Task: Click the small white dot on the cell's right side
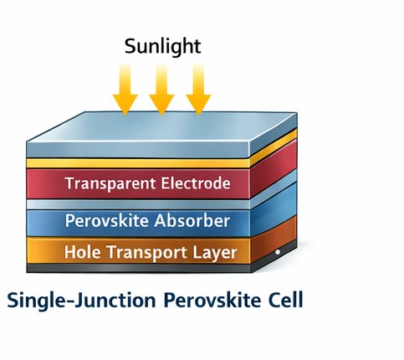click(277, 251)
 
